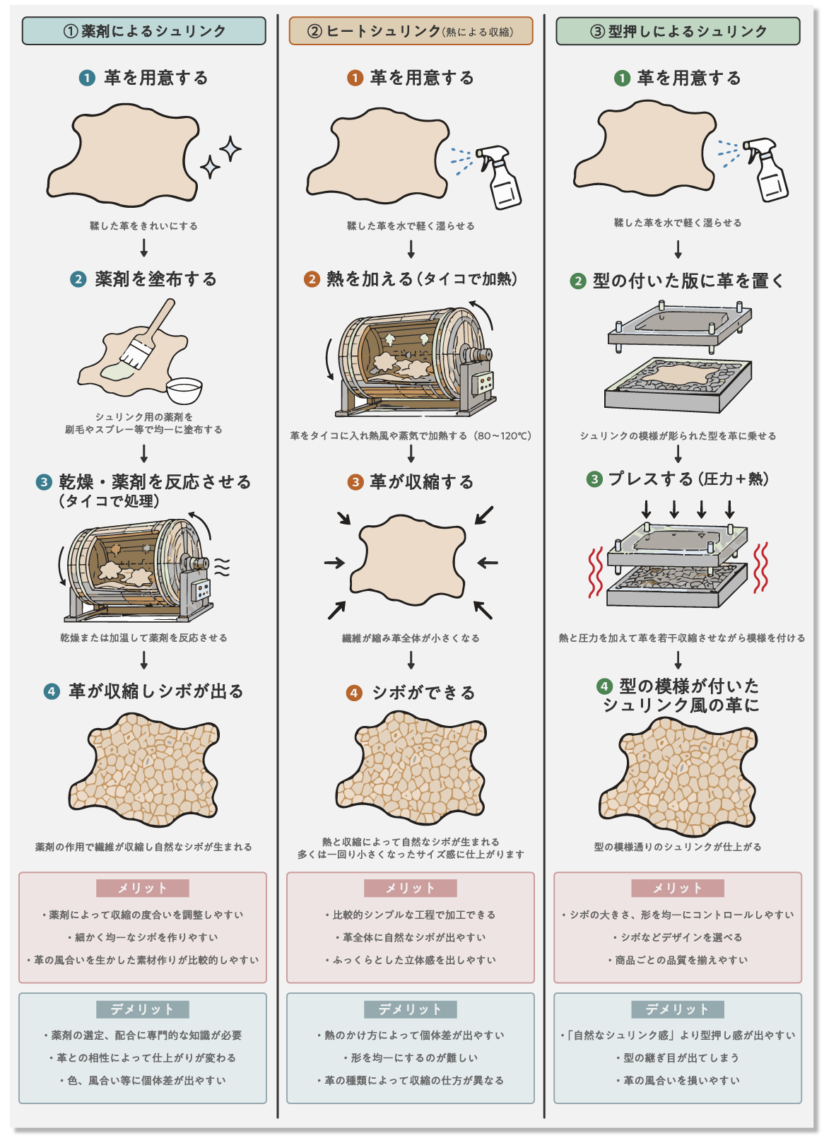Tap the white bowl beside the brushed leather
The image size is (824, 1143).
[x=184, y=391]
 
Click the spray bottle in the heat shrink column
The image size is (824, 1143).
[x=498, y=177]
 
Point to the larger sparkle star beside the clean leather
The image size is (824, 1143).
[x=230, y=149]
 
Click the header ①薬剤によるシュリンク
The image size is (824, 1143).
[x=144, y=30]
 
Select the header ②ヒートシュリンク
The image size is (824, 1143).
[x=411, y=30]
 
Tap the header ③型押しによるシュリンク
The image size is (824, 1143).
[x=678, y=31]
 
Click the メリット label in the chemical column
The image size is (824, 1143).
[x=142, y=888]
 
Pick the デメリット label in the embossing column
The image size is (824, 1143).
[x=678, y=1009]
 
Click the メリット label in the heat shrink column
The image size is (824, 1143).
[x=410, y=888]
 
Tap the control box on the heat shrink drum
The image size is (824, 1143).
[x=482, y=382]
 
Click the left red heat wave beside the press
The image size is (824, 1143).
[x=596, y=572]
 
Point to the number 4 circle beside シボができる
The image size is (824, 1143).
[x=355, y=693]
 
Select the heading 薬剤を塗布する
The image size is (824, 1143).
[x=155, y=279]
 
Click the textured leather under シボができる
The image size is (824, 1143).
[x=411, y=768]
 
